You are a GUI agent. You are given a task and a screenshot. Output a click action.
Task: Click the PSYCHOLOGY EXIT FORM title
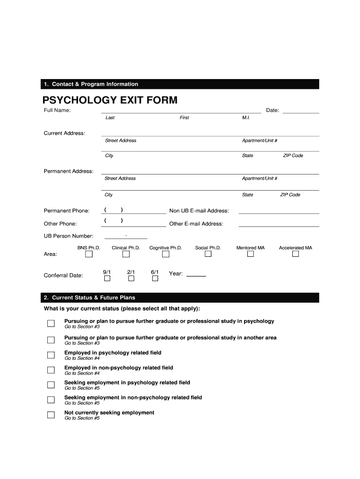coord(110,100)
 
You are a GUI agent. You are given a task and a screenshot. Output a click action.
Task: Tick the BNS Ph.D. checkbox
coord(89,254)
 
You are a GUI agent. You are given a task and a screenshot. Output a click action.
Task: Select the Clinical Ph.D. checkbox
coord(126,254)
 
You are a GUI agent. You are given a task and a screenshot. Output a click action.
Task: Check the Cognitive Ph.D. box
coord(166,254)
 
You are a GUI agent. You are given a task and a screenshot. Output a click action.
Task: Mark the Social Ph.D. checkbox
coord(208,254)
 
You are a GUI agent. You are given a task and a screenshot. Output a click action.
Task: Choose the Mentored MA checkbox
coord(251,254)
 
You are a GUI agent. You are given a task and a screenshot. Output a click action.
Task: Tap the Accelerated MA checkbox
coord(295,254)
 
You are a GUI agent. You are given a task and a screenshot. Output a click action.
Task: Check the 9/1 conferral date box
coord(107,278)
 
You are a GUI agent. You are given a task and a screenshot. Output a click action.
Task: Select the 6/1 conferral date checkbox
coord(155,278)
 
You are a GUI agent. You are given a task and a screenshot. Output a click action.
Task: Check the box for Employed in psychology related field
coord(50,355)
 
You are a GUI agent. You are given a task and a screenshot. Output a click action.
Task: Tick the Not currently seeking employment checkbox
coord(50,414)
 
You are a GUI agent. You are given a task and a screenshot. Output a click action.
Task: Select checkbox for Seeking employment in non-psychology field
coord(50,399)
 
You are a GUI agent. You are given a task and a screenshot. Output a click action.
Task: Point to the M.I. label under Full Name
coord(246,118)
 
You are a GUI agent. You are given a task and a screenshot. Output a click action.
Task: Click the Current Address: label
coord(65,133)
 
